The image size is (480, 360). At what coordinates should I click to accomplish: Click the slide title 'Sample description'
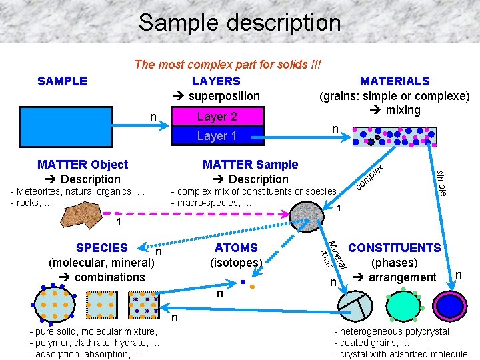(x=239, y=23)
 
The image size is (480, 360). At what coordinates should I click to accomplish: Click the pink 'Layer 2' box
(x=217, y=117)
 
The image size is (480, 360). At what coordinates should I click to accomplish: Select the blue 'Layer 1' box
(x=217, y=136)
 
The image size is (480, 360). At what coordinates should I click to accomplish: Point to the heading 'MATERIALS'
(x=395, y=81)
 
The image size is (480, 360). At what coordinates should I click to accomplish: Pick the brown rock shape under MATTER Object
(x=79, y=204)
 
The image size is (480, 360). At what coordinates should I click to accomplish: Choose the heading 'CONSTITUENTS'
(x=395, y=248)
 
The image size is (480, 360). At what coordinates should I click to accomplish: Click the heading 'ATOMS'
(x=236, y=248)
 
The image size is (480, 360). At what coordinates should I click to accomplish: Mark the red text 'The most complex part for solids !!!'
(x=227, y=65)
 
